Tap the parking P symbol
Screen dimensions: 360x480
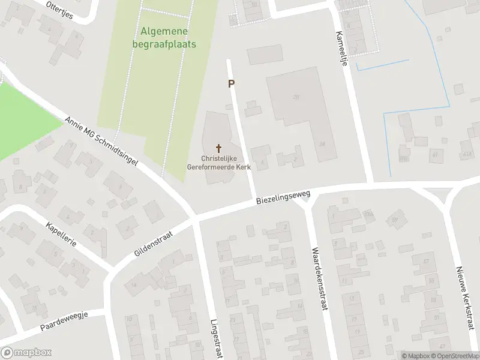[231, 85]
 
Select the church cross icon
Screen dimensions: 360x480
[218, 148]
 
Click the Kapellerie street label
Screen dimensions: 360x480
[59, 235]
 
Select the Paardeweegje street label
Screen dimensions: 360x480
[64, 322]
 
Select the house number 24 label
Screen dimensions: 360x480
[322, 144]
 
